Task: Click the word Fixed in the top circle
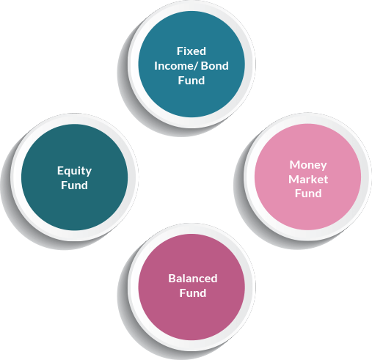tap(192, 51)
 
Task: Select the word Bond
tap(215, 66)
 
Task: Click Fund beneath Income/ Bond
tap(192, 81)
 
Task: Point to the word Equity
tap(74, 171)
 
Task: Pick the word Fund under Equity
tap(74, 185)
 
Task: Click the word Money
tap(308, 165)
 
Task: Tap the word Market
tap(308, 180)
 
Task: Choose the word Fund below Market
tap(308, 194)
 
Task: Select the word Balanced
tap(193, 279)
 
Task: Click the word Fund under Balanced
tap(193, 293)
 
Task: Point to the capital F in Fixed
tap(180, 51)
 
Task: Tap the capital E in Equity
tap(60, 171)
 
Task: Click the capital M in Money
tap(294, 165)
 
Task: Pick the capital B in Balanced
tap(172, 279)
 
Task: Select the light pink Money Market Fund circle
tap(307, 177)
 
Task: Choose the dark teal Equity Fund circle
tap(74, 177)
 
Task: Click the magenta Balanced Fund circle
tap(192, 287)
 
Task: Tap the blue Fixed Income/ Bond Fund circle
tap(192, 64)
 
